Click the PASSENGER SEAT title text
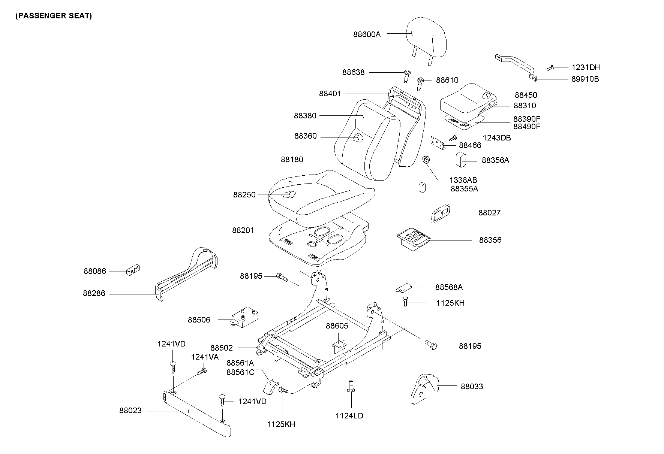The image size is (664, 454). [53, 16]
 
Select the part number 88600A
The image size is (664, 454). [366, 34]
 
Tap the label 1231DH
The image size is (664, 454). [585, 67]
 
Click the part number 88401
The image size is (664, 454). [330, 94]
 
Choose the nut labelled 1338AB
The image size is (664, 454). [426, 160]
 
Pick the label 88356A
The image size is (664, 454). [495, 160]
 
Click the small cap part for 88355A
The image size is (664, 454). [422, 187]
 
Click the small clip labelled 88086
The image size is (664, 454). [133, 270]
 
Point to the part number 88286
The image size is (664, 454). [94, 294]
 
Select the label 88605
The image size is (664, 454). [337, 326]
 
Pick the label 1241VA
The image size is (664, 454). [204, 357]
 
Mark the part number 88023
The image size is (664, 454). [130, 411]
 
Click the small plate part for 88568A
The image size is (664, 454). [403, 288]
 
